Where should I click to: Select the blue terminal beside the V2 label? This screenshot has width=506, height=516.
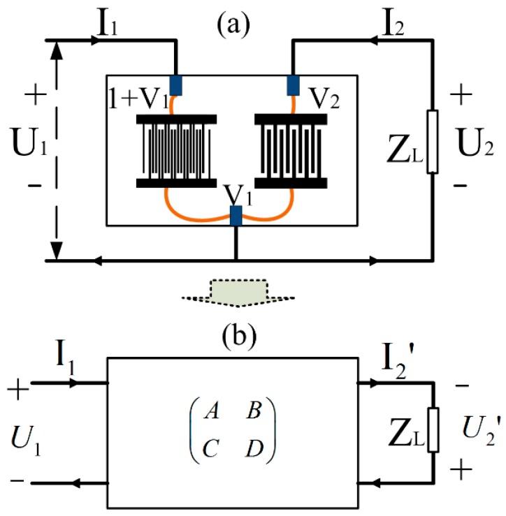tap(293, 84)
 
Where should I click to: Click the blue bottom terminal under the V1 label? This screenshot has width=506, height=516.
tap(236, 216)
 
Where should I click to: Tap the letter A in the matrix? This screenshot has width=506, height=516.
tap(209, 411)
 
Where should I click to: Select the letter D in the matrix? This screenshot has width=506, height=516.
tap(253, 445)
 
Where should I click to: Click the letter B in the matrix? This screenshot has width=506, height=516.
tap(253, 411)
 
